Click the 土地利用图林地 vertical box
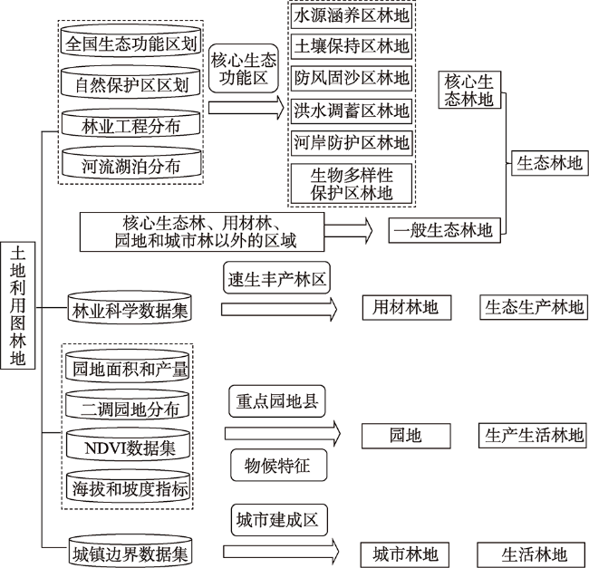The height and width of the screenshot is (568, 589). click(17, 305)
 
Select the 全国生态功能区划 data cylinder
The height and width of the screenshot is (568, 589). click(130, 42)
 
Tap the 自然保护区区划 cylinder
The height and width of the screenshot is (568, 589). click(130, 82)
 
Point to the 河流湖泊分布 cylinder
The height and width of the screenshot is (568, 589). click(131, 162)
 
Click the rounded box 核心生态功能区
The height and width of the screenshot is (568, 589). click(244, 68)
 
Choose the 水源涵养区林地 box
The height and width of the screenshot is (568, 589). click(352, 15)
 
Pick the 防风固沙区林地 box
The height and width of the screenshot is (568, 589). click(352, 78)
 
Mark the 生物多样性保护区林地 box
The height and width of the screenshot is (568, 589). click(352, 184)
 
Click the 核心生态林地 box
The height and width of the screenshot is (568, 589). click(469, 90)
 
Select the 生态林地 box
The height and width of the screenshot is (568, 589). click(549, 163)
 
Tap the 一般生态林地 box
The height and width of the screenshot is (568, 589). click(444, 230)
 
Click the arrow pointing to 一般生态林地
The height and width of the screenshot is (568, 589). click(348, 230)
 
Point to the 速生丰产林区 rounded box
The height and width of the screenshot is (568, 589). click(277, 278)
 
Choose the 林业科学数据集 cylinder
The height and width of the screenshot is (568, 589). click(130, 307)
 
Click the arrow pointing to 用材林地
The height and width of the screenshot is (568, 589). click(279, 309)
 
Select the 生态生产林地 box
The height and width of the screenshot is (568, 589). click(534, 307)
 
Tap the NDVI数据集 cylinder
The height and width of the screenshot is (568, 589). click(128, 445)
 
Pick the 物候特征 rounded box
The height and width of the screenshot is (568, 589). click(279, 466)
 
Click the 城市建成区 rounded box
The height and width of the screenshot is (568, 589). click(279, 520)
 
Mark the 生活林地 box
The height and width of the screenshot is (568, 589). click(533, 554)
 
